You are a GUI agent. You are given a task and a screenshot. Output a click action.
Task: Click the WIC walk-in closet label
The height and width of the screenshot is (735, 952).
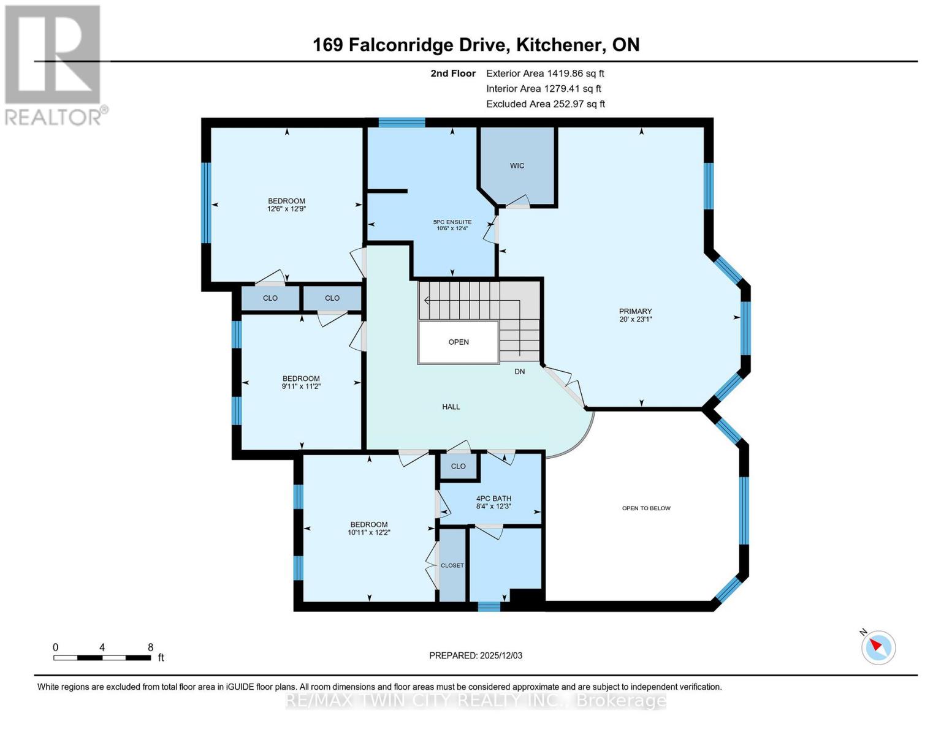517,165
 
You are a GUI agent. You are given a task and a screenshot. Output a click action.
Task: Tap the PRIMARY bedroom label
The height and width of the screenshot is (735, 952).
635,311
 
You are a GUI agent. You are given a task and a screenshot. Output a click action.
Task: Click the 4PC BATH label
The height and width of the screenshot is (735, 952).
493,499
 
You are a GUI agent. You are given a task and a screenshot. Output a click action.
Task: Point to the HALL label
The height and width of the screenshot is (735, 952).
451,407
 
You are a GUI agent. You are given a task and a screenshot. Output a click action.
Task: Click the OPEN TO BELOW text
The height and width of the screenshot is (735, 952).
646,508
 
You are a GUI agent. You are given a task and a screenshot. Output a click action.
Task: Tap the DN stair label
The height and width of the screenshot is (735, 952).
519,372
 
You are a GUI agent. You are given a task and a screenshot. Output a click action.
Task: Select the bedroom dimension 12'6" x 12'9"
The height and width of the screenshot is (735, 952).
286,209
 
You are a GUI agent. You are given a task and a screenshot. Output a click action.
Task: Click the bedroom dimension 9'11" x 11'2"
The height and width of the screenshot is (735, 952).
301,386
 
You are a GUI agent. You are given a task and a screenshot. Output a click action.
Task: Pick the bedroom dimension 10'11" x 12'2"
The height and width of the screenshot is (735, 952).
368,532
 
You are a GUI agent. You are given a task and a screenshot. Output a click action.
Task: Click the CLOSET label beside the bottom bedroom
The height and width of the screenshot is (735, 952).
452,565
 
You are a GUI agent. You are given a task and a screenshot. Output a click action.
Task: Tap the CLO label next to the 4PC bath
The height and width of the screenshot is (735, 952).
459,466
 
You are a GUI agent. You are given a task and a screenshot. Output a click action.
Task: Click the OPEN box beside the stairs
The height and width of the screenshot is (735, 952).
459,342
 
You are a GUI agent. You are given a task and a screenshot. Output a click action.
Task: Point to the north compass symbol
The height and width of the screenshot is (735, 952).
878,647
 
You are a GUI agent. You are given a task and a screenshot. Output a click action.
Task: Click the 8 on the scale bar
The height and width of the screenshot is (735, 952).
150,647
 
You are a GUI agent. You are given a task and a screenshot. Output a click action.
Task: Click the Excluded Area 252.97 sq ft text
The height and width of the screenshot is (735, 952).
546,104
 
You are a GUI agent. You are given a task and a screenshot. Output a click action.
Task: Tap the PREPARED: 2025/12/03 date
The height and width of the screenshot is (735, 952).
476,655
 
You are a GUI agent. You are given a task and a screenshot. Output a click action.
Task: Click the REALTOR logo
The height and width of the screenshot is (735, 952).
54,64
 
